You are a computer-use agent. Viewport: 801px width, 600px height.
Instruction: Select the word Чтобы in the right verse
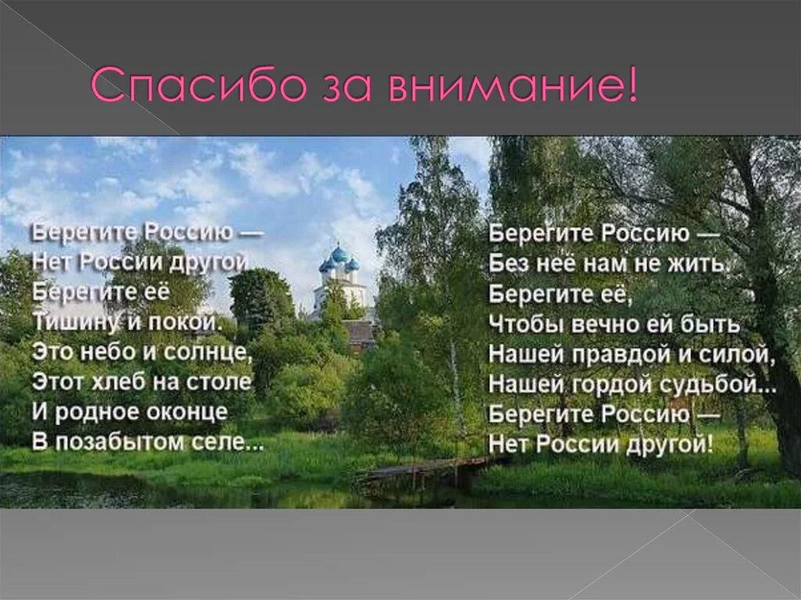[x=521, y=324]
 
